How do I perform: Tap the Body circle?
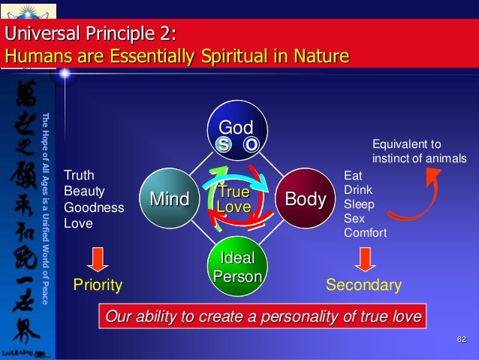click(305, 199)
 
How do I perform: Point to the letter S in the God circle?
click(224, 144)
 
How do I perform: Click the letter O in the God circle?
click(252, 144)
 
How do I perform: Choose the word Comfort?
click(365, 233)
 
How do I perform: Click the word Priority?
click(97, 286)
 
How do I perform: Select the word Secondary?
click(363, 286)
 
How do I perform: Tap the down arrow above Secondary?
click(364, 258)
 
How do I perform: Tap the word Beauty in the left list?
click(84, 192)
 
